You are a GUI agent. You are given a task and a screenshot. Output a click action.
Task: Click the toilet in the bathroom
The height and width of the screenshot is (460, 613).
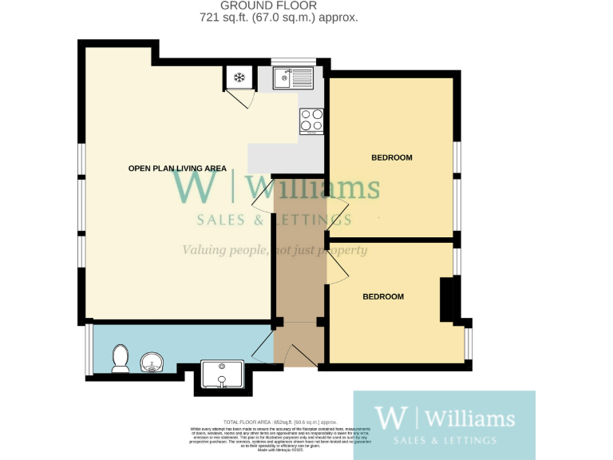point(121,358)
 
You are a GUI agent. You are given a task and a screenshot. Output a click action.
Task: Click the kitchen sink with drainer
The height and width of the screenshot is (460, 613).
point(293,77)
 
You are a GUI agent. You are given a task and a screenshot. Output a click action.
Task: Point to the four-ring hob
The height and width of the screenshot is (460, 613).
point(311,120)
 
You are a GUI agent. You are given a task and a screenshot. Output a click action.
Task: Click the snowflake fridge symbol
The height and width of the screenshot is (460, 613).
point(238,77)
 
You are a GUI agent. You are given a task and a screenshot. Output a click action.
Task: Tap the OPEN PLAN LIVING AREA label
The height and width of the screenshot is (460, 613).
point(177,169)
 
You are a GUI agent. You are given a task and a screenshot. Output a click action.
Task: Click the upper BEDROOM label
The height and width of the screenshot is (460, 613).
point(392,158)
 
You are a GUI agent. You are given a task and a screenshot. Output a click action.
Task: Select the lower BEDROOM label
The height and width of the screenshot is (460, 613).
point(383,297)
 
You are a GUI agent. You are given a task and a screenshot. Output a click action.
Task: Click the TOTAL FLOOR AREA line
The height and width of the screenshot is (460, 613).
point(279,421)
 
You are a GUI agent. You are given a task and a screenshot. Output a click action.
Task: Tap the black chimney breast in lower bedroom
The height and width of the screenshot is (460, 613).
point(449,299)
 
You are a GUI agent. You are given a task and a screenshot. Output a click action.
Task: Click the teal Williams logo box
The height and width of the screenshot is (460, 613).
point(444,423)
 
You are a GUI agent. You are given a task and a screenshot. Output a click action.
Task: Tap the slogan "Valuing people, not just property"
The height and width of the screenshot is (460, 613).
point(275,251)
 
